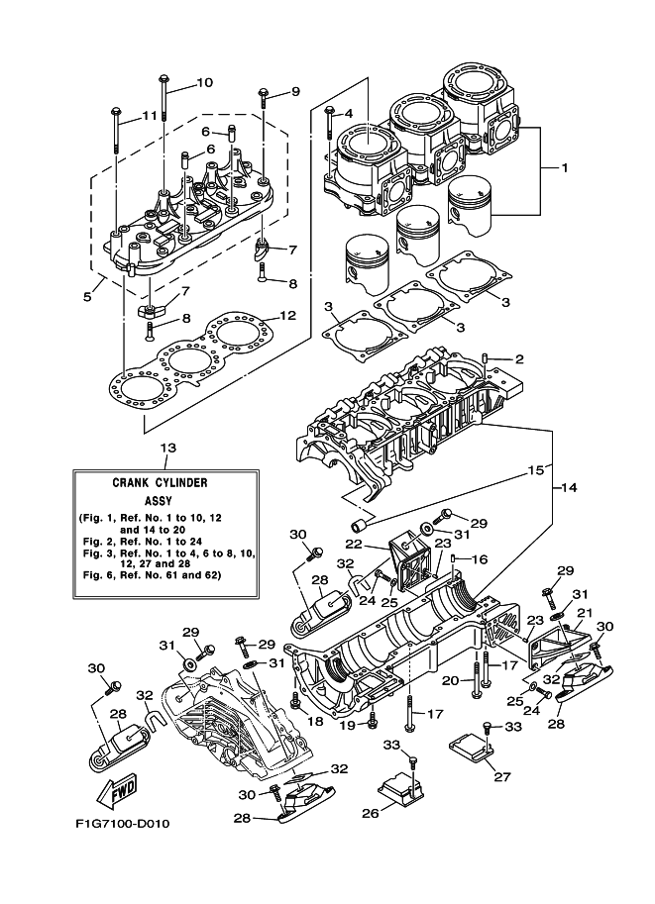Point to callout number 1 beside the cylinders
(x=564, y=168)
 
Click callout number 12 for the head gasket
(x=287, y=316)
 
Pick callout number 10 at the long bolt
(x=204, y=82)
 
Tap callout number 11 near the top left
(x=149, y=116)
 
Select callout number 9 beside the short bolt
(x=294, y=92)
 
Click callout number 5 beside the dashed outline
(x=88, y=295)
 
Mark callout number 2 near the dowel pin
(x=518, y=358)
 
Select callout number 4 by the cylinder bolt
(x=348, y=113)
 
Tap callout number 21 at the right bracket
(x=584, y=614)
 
